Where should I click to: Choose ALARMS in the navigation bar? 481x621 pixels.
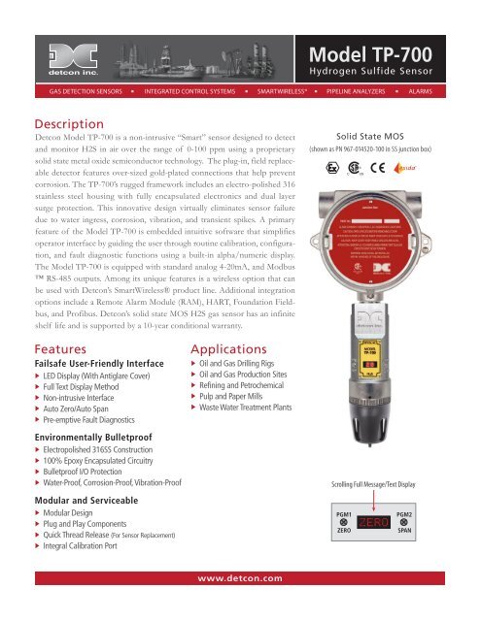tap(420, 99)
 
